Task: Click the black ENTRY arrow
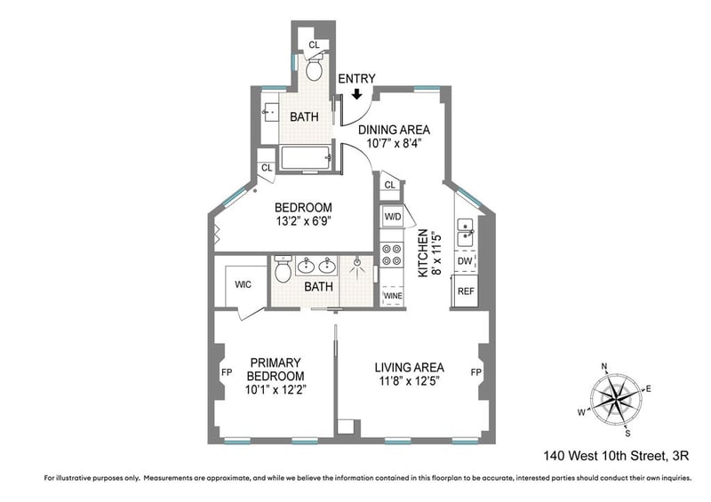coord(357,94)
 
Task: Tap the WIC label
coord(243,285)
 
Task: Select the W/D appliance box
coord(393,216)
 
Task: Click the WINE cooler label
coord(393,296)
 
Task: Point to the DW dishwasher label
coord(464,261)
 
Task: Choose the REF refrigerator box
coord(465,291)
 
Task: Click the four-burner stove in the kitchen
coord(391,255)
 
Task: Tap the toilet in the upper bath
coord(314,68)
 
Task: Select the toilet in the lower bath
coord(283,268)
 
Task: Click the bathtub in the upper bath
coord(307,158)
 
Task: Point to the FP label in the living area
coord(475,372)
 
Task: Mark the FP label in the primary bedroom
coord(227,372)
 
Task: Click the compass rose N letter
coord(604,366)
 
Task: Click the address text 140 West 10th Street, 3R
coord(616,456)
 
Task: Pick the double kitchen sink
coord(465,232)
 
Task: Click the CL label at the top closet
coord(314,45)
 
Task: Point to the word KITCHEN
coord(423,253)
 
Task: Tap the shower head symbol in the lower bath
coord(358,266)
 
